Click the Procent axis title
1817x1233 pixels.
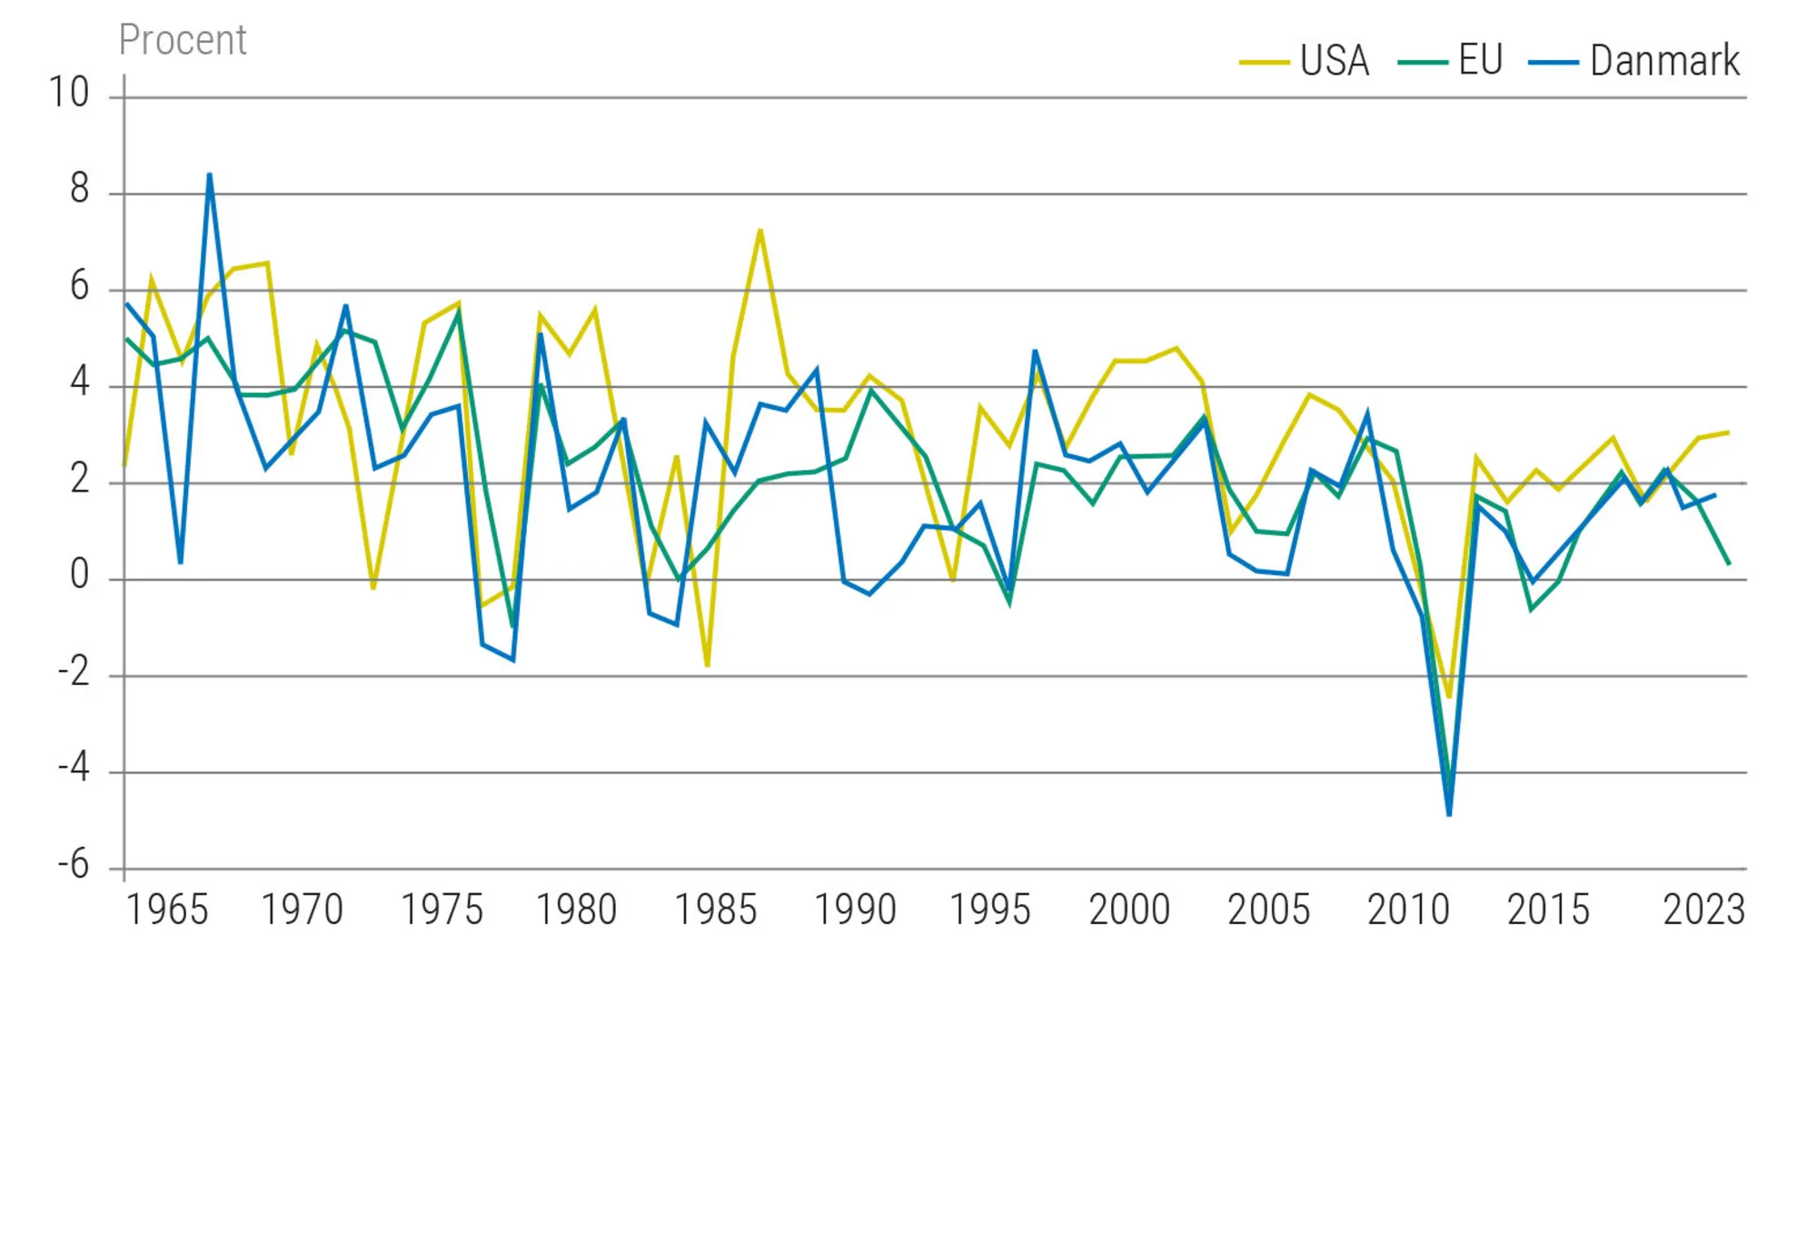183,40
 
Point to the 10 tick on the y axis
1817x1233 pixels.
69,93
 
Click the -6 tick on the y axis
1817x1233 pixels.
74,864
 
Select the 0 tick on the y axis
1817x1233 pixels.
80,575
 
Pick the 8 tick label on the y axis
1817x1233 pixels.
80,189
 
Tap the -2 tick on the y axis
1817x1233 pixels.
74,671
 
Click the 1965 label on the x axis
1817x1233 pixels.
167,910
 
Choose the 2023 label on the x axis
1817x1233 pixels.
1703,910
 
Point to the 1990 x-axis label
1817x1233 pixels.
855,910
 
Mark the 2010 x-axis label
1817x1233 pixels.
1408,910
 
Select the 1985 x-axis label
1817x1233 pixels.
716,910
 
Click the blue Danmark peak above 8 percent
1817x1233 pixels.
210,174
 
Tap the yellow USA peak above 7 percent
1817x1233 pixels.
760,230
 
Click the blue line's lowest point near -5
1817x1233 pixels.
1449,814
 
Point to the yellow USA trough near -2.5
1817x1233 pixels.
1449,697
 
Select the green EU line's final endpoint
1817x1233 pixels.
1729,564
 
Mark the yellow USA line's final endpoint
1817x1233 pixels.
1728,433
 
